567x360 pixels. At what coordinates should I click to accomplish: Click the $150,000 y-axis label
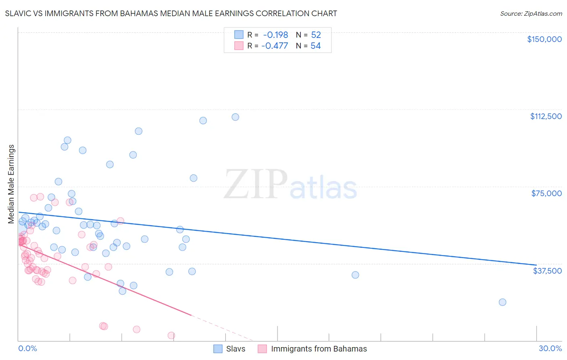point(544,39)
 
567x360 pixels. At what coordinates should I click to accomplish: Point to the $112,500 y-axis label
point(546,116)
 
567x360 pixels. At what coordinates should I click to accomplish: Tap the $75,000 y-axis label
point(546,193)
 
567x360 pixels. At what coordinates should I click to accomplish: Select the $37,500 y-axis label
point(547,270)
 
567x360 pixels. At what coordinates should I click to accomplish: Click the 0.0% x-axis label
point(27,348)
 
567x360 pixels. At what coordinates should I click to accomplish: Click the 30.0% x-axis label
point(550,348)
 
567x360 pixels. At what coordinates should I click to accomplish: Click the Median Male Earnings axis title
point(11,184)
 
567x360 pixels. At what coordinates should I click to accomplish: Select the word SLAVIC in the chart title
point(19,13)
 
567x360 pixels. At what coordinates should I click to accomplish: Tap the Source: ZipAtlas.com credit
point(531,13)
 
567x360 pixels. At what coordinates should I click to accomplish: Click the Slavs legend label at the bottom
point(236,349)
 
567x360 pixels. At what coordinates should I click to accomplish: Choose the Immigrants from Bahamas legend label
point(319,349)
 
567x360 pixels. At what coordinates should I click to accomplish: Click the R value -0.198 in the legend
point(275,35)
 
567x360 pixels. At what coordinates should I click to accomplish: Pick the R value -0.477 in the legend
point(275,46)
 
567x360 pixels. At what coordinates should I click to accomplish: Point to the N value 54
point(315,46)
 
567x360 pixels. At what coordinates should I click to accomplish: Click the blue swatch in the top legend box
point(239,35)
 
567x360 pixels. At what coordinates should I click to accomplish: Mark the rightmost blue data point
point(502,302)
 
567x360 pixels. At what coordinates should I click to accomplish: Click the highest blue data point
point(235,117)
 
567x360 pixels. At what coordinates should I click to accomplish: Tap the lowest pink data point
point(171,335)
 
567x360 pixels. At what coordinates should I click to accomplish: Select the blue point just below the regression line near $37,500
point(355,275)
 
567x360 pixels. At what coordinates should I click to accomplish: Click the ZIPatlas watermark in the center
point(290,185)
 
